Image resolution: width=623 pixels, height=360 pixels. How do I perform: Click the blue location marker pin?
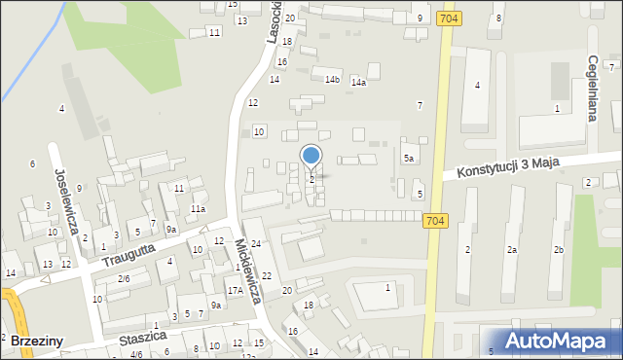[311, 156]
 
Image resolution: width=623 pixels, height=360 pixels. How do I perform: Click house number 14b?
[332, 80]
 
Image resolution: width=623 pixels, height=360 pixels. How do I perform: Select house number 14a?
[358, 83]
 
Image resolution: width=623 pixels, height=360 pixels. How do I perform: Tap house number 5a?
[410, 158]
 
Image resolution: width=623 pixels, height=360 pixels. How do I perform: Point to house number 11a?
[198, 208]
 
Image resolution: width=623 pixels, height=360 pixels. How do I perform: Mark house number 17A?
[235, 290]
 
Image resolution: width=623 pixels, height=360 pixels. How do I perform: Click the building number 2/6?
[124, 279]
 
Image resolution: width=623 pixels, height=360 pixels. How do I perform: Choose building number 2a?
[511, 250]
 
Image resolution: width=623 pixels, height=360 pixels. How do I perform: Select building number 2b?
[559, 250]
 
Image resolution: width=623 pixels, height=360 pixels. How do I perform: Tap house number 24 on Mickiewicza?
[256, 243]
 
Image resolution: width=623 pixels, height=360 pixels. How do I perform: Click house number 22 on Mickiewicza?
[266, 276]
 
